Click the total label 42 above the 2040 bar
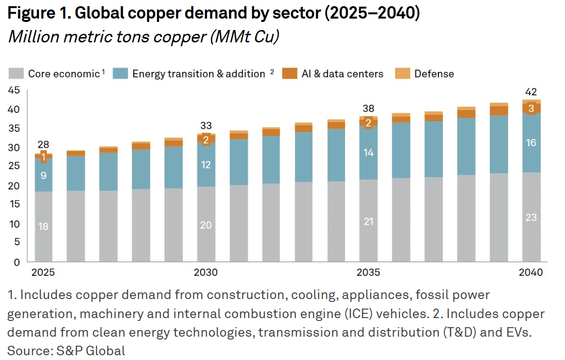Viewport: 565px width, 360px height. coord(531,92)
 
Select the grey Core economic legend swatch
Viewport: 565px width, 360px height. coord(16,74)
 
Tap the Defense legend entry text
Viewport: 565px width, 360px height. coord(434,74)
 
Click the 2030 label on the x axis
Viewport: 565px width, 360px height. coord(206,273)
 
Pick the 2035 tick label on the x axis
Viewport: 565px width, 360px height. coord(368,273)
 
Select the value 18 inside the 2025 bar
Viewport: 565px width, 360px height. coord(43,227)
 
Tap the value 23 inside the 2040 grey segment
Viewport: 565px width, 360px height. coord(531,218)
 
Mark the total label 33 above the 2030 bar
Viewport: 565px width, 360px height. coord(206,126)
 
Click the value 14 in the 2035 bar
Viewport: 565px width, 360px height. coord(368,153)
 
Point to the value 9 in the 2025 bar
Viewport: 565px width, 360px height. coord(43,176)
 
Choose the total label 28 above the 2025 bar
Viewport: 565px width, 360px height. coord(43,145)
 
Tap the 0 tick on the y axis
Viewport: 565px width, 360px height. coord(17,262)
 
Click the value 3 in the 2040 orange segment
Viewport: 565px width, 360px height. coord(531,109)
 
